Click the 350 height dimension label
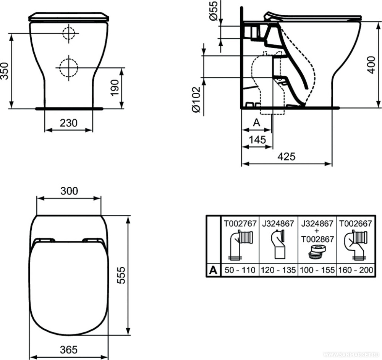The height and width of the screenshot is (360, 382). [x=5, y=71]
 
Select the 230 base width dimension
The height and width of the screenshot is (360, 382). [x=68, y=123]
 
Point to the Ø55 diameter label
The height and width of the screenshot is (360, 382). [x=214, y=11]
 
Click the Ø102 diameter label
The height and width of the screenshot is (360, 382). [x=196, y=100]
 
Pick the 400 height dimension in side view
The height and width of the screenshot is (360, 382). [x=371, y=65]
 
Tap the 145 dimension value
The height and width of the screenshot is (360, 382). [x=257, y=140]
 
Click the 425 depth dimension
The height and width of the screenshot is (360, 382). [x=287, y=156]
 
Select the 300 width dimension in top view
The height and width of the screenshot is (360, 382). [x=69, y=191]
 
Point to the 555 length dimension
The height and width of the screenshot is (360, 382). [x=121, y=275]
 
